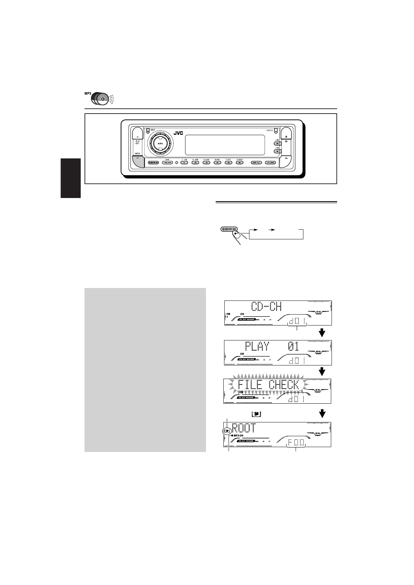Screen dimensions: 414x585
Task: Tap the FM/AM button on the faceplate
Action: pyautogui.click(x=167, y=162)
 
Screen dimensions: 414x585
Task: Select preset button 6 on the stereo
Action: pyautogui.click(x=239, y=162)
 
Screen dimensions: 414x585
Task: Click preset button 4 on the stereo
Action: pyautogui.click(x=217, y=162)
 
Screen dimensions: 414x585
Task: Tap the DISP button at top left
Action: pyautogui.click(x=148, y=131)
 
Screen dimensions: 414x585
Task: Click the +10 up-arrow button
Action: pyautogui.click(x=277, y=143)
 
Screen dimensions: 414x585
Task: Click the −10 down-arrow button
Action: pyautogui.click(x=277, y=151)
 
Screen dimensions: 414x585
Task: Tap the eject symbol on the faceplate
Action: pyautogui.click(x=286, y=137)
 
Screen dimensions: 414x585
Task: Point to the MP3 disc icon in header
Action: pyautogui.click(x=99, y=99)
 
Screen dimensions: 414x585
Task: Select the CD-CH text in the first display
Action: pyautogui.click(x=266, y=307)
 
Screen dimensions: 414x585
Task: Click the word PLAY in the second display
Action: pyautogui.click(x=257, y=347)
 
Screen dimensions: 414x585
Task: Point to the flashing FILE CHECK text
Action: pyautogui.click(x=268, y=385)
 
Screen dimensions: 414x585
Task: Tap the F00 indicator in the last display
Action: pyautogui.click(x=295, y=443)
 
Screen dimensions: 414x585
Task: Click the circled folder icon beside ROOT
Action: pyautogui.click(x=226, y=431)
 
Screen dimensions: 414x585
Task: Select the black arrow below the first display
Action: pyautogui.click(x=323, y=333)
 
